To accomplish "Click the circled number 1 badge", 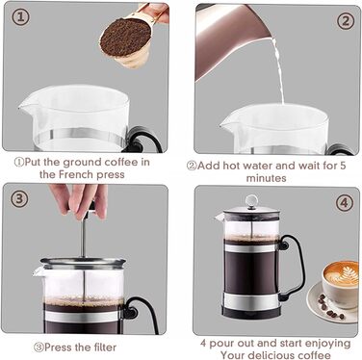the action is [20, 17].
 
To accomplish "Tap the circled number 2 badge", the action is [346, 21].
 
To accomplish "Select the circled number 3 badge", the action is [19, 199].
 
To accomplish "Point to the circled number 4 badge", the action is [344, 203].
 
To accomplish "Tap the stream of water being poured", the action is [278, 69].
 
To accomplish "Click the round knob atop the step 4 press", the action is [251, 200].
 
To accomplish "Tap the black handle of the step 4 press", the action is [294, 267].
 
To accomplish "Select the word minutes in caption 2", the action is [266, 178].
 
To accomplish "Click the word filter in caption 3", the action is [104, 347].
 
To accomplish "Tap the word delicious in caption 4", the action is [273, 355].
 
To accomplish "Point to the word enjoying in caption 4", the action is [327, 344].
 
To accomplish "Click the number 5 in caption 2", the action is [343, 166].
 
